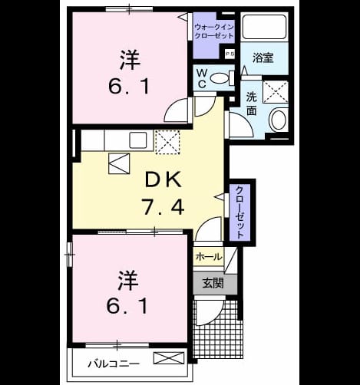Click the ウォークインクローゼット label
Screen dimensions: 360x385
(x=214, y=31)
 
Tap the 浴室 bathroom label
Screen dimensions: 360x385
(x=263, y=58)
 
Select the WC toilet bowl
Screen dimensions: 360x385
(x=220, y=78)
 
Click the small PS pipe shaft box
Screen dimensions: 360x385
(x=229, y=54)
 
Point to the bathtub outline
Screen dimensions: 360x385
(x=264, y=27)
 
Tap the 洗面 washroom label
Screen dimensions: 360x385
(x=251, y=104)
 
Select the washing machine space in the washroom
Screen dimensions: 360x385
(x=276, y=91)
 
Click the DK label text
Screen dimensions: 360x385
(x=163, y=179)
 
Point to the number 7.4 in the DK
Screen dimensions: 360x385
(x=163, y=207)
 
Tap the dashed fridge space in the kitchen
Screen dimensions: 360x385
(x=167, y=142)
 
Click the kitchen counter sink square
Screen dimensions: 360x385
(x=138, y=140)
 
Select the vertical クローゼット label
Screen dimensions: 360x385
(x=239, y=212)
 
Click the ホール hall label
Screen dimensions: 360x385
(x=209, y=256)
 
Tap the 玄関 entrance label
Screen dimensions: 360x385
(x=213, y=283)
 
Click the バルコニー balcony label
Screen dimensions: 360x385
(x=114, y=364)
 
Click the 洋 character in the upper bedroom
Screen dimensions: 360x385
(x=130, y=60)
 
